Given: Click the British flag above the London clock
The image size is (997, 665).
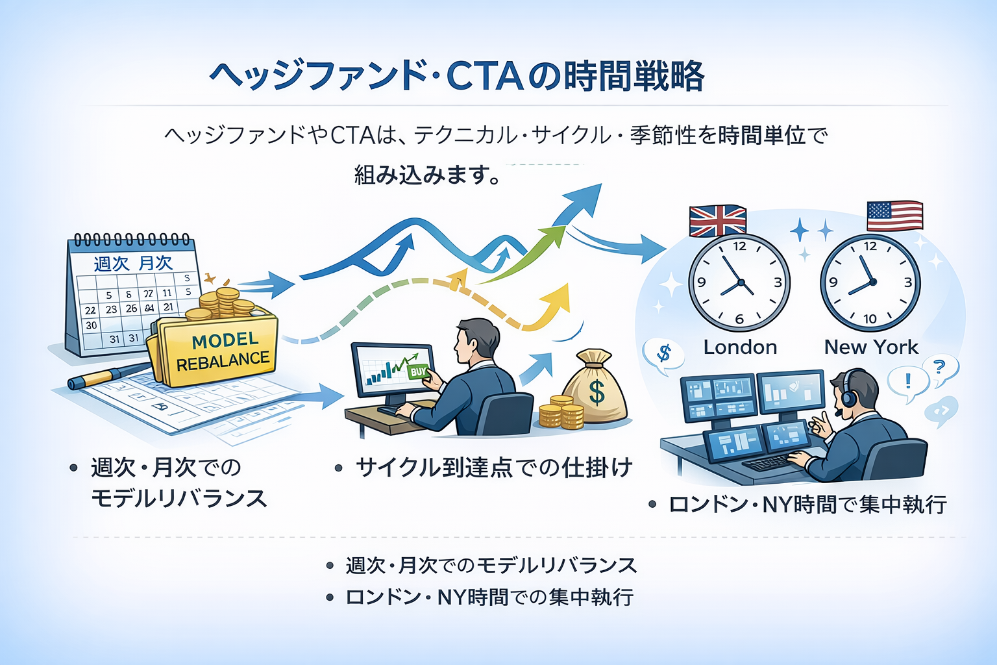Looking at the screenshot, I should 717,221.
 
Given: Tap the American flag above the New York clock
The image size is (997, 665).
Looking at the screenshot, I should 894,216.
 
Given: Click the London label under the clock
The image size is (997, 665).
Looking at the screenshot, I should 740,347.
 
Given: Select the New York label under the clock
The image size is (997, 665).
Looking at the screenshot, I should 871,347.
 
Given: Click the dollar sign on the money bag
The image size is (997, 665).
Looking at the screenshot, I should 596,392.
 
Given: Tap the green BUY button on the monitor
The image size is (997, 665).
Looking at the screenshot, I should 418,372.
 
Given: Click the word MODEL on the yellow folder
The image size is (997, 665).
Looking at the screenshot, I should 225,340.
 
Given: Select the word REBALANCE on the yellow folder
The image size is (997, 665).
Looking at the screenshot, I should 223,362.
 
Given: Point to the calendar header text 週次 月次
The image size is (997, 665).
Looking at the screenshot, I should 133,263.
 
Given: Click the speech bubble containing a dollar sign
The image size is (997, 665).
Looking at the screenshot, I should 663,355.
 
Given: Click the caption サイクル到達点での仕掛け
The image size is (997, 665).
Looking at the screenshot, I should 493,468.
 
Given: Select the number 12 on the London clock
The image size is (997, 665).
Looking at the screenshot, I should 739,246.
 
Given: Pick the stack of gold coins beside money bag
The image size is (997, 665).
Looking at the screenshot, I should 561,413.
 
